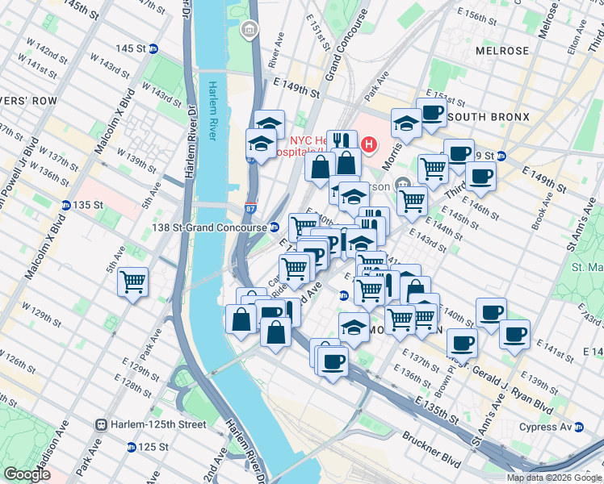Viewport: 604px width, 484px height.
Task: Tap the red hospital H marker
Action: (369, 145)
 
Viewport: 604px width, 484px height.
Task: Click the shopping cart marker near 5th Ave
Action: (132, 282)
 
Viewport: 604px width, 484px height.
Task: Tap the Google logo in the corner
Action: (27, 474)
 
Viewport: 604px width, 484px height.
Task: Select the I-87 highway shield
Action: (251, 209)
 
